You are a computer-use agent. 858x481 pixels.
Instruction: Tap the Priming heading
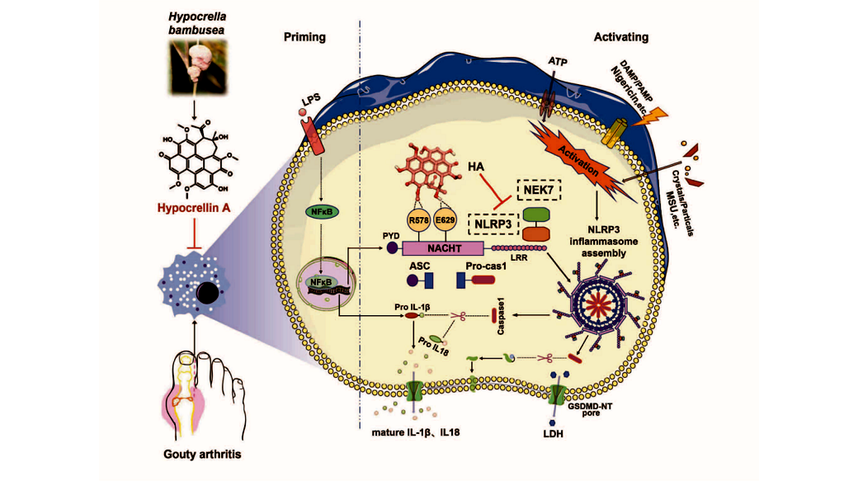pyautogui.click(x=304, y=37)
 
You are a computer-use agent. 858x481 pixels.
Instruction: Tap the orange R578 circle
pyautogui.click(x=419, y=220)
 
